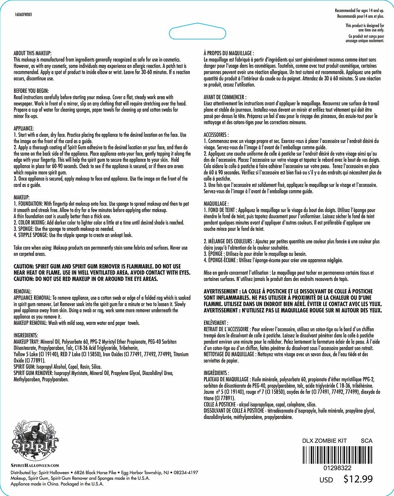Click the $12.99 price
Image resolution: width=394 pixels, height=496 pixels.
(358, 479)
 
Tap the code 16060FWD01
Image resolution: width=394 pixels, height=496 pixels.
(23, 14)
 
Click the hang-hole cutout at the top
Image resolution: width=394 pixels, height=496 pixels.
(197, 33)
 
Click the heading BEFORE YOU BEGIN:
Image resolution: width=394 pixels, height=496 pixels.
(31, 90)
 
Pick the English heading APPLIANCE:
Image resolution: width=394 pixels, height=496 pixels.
(24, 128)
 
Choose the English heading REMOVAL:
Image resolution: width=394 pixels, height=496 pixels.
(22, 291)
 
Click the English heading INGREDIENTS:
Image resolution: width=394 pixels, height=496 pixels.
(26, 335)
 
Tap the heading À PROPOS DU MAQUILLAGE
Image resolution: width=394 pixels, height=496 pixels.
(229, 53)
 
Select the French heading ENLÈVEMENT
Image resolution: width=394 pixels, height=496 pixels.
(216, 322)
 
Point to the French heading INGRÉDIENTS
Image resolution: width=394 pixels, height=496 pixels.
(216, 373)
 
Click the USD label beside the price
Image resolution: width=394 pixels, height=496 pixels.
(326, 480)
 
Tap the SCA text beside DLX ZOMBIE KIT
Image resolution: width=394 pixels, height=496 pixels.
(367, 440)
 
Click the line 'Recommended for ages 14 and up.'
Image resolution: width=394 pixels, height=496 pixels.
(360, 10)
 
